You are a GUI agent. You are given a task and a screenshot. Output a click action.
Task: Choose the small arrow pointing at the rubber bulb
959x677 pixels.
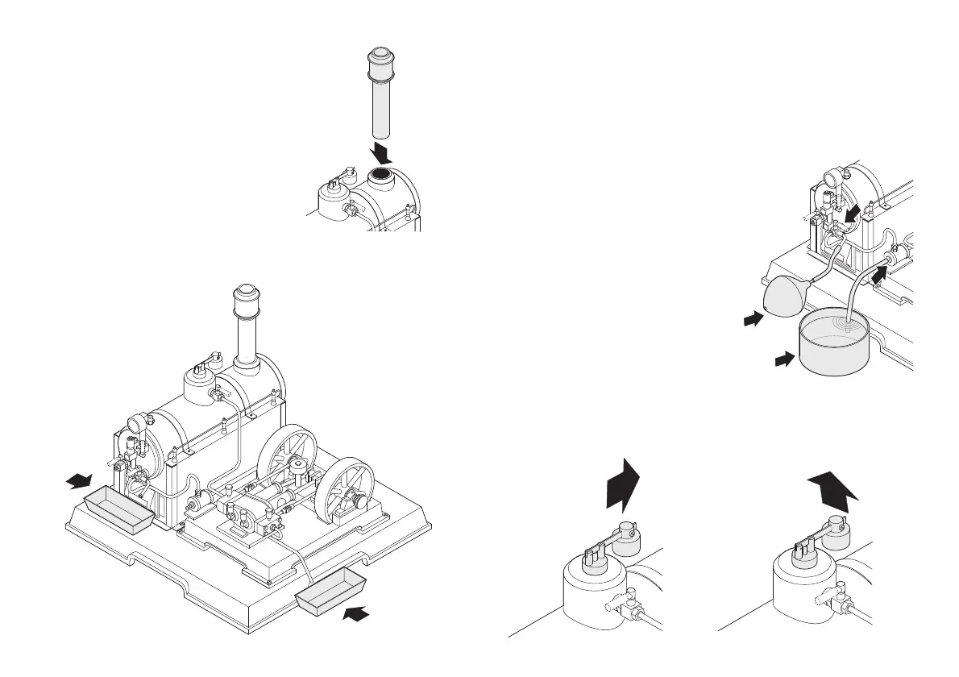pos(752,320)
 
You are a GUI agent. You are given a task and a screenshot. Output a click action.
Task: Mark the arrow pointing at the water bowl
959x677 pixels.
pos(783,359)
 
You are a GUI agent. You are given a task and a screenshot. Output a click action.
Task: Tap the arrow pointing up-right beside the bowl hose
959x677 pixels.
pos(880,282)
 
